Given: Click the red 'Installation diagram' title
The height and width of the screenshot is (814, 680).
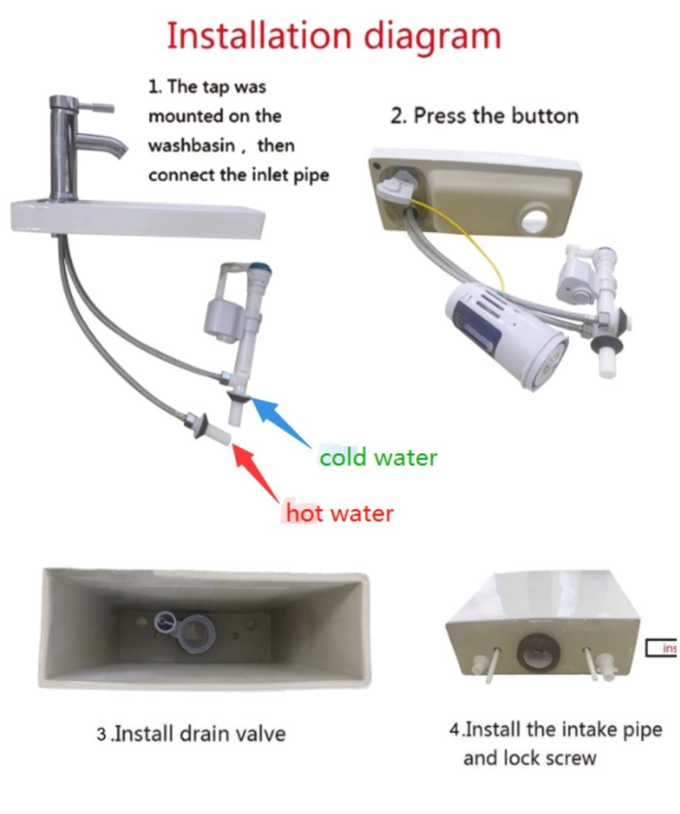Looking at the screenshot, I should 334,36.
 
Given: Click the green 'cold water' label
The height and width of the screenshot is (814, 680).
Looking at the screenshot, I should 378,457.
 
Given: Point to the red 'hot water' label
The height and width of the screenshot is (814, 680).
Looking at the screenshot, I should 339,512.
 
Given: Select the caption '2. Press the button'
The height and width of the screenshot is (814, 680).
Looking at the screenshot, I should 484,115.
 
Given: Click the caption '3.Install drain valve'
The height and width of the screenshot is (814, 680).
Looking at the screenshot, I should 191,733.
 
